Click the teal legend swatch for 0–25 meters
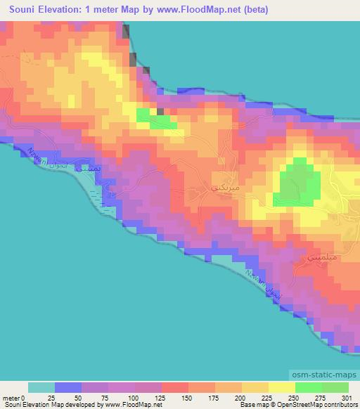pyautogui.click(x=41, y=387)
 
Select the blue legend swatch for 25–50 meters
pyautogui.click(x=68, y=387)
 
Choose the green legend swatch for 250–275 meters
pyautogui.click(x=309, y=387)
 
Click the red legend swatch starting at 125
pyautogui.click(x=175, y=387)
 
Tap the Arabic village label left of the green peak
pyautogui.click(x=224, y=188)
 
